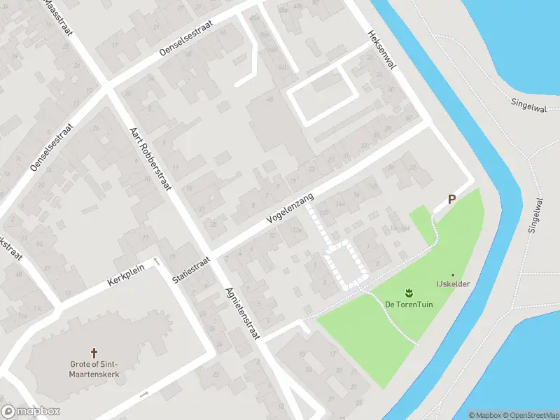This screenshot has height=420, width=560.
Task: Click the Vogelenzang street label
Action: [290, 210]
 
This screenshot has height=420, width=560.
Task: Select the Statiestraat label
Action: [190, 269]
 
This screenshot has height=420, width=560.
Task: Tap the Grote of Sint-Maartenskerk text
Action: [94, 369]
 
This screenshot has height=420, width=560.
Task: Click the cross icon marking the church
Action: [94, 352]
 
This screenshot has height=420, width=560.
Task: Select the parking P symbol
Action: [451, 199]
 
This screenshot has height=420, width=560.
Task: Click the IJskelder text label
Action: [453, 284]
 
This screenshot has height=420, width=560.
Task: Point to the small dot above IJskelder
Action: [453, 274]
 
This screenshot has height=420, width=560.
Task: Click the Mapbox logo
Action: [30, 412]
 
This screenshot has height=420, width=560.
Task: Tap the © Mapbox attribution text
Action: [483, 415]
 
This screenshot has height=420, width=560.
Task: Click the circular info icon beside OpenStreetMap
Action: [554, 415]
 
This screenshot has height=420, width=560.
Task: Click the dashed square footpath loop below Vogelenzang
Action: [342, 265]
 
